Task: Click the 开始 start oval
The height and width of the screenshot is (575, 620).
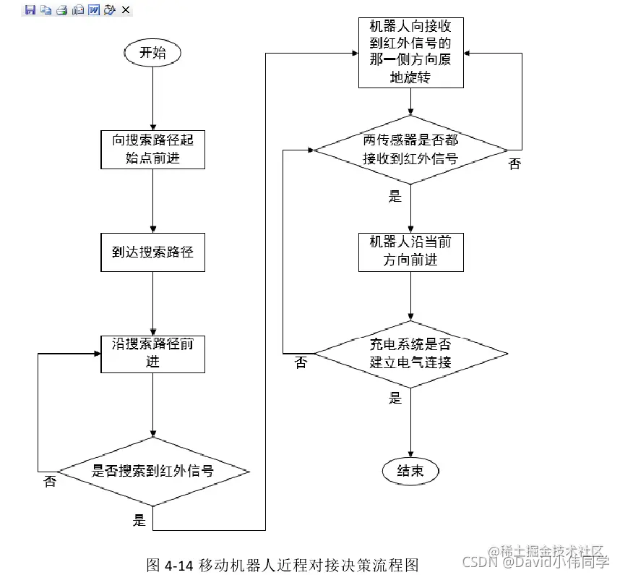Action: pos(152,53)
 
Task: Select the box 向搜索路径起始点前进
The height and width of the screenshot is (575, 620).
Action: pos(152,150)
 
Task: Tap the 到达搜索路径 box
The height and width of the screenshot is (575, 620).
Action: pos(152,252)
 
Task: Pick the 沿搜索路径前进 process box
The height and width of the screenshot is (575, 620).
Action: pos(152,353)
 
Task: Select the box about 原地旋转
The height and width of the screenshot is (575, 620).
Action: pos(410,52)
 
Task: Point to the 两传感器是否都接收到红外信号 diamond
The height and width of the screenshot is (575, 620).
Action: pos(410,150)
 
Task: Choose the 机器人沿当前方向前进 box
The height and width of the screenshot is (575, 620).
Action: pos(410,251)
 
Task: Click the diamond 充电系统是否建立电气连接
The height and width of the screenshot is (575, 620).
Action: pos(410,353)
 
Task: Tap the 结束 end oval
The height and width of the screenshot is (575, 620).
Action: pos(410,472)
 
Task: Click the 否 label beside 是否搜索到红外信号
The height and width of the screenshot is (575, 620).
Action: pos(50,482)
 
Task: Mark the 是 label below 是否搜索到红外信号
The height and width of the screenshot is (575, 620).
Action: pos(139,519)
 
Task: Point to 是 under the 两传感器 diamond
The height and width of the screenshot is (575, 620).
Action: pos(395,195)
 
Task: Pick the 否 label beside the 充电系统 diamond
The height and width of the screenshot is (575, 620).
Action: pos(301,362)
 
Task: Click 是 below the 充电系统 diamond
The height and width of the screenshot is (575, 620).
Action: pos(395,397)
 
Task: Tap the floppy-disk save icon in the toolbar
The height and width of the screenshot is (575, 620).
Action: pos(30,9)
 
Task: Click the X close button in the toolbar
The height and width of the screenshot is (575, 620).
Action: pos(126,9)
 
